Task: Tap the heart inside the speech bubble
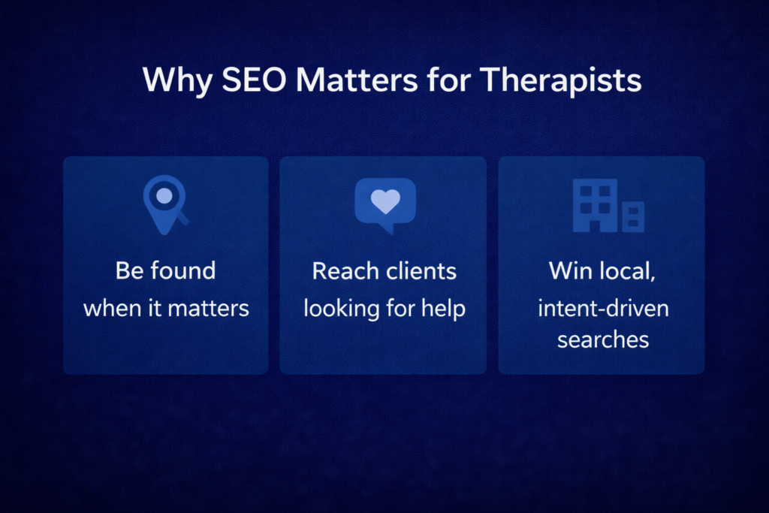pyautogui.click(x=385, y=201)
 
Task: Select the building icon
pyautogui.click(x=608, y=205)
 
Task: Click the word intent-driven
pyautogui.click(x=603, y=309)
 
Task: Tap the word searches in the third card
pyautogui.click(x=603, y=339)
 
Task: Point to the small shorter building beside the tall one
pyautogui.click(x=632, y=216)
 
